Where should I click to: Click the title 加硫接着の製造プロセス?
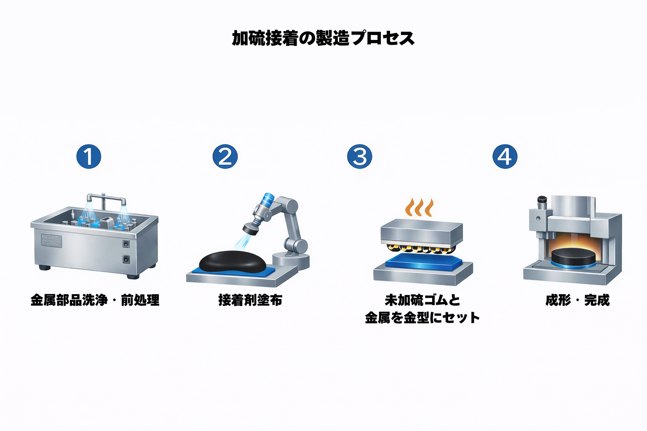(323, 38)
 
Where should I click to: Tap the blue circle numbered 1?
(89, 157)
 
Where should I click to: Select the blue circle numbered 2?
(225, 157)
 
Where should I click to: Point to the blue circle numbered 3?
(360, 157)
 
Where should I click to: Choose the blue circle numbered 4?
(505, 157)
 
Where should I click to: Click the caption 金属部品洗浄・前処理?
(95, 300)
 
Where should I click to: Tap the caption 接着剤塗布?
(250, 300)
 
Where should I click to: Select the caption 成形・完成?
(577, 300)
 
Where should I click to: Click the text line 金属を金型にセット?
(422, 318)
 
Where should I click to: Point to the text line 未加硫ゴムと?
(422, 300)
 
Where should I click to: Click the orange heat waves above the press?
(420, 207)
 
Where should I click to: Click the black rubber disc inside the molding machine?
(573, 257)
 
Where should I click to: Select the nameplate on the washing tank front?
(51, 240)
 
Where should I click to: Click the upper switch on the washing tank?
(126, 244)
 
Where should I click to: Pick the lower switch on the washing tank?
(126, 259)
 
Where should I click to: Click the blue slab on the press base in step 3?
(423, 262)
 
